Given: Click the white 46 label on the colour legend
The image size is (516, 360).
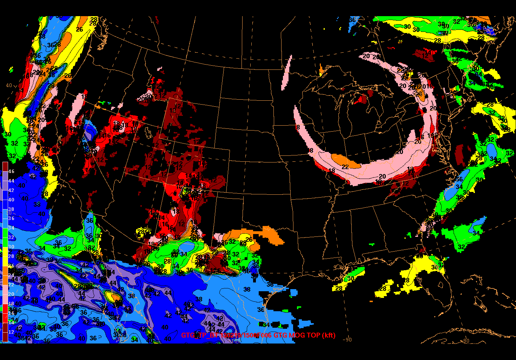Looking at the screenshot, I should click(x=11, y=171).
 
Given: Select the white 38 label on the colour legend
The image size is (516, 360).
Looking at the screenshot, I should click(x=11, y=209).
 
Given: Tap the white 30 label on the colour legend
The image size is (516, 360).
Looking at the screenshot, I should click(x=11, y=247).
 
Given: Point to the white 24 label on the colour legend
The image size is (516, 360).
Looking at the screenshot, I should click(x=11, y=275).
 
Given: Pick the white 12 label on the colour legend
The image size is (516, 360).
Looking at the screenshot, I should click(x=11, y=332).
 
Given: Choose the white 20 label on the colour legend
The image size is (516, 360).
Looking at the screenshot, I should click(x=11, y=294).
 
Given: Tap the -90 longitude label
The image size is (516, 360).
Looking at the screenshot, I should click(x=347, y=339).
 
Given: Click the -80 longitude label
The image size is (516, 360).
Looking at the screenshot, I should click(x=465, y=340).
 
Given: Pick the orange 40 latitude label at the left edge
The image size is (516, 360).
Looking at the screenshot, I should click(x=9, y=85).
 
